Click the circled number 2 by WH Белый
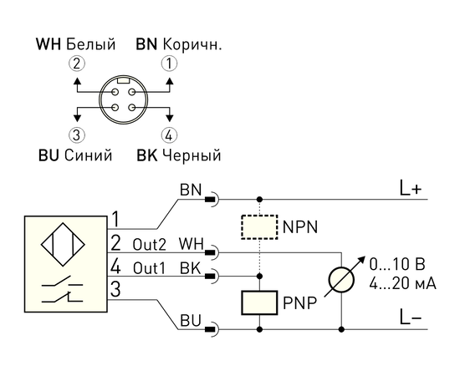(77, 64)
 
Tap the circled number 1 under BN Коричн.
(169, 64)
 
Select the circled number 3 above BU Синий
(77, 135)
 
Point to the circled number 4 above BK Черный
(169, 135)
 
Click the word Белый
(90, 44)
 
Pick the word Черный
(192, 155)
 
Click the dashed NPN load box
(259, 227)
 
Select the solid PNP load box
(259, 302)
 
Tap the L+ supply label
(411, 189)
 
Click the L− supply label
(411, 318)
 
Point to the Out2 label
(150, 245)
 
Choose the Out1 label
(150, 268)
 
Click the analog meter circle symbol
(341, 280)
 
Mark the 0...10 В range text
(397, 265)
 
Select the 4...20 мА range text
(402, 284)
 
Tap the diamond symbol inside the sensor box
(63, 245)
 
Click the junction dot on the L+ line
(259, 200)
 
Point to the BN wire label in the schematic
(191, 190)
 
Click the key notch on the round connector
(123, 80)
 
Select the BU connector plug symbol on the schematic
(212, 329)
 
